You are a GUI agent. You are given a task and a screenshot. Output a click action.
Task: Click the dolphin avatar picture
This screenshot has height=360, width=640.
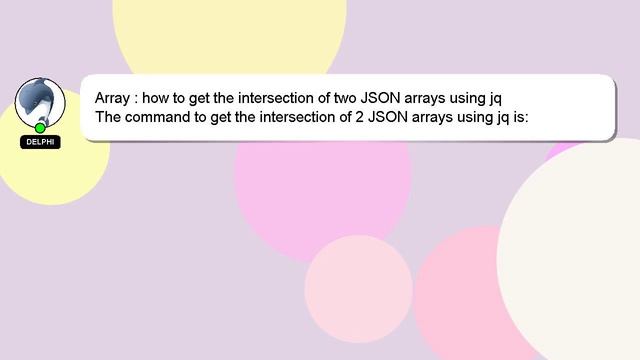40,101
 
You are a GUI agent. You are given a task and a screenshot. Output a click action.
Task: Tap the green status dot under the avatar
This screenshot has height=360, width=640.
40,128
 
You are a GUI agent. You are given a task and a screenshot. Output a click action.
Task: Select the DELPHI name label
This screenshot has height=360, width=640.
40,142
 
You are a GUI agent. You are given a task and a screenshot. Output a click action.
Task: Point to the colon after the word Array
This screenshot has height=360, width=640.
137,100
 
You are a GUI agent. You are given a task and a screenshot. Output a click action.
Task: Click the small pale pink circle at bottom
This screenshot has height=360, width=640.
358,288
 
